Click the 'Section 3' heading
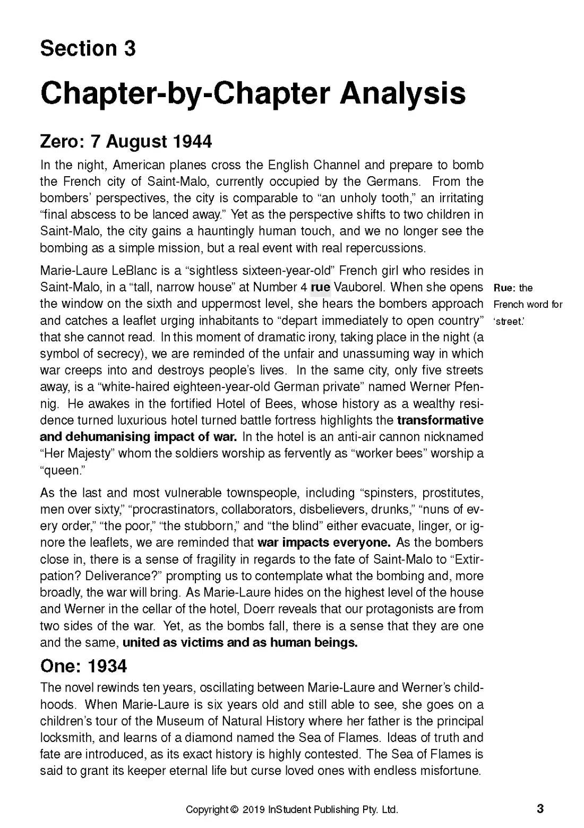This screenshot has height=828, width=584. (x=88, y=48)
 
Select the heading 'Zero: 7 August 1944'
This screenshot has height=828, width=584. (x=126, y=142)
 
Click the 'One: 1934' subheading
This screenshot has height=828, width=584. (x=83, y=666)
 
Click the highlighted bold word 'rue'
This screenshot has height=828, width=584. (x=320, y=287)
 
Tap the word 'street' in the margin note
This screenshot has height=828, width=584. (x=509, y=321)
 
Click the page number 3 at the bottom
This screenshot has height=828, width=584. (x=540, y=809)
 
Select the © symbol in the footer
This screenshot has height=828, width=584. (x=234, y=809)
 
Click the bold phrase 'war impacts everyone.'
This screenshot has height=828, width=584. (x=324, y=542)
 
